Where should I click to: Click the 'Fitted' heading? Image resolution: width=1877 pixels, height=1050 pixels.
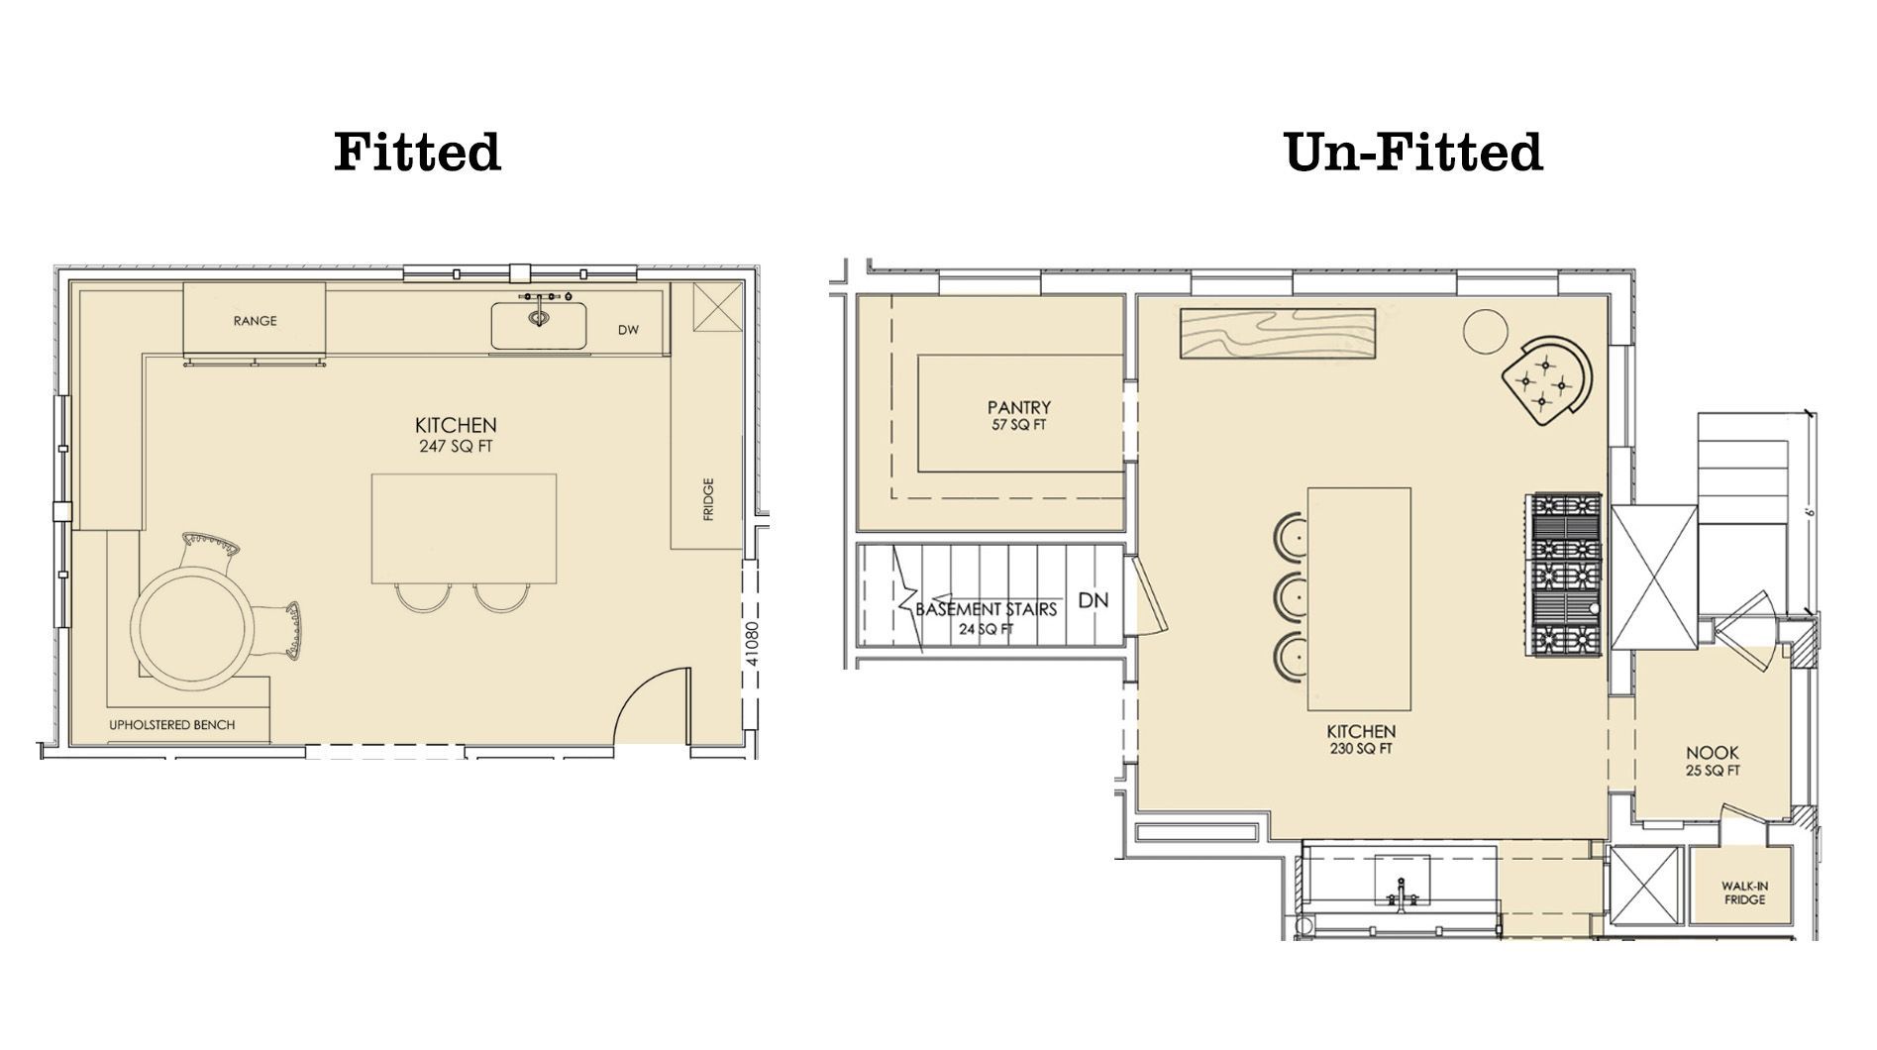tap(417, 153)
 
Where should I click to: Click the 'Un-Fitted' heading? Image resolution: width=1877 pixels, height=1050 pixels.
tap(1412, 153)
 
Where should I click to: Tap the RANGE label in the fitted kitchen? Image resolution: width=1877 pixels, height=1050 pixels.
tap(255, 321)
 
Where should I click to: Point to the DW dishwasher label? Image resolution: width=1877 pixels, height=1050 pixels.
tap(628, 330)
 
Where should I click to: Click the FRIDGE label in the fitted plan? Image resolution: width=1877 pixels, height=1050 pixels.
tap(708, 499)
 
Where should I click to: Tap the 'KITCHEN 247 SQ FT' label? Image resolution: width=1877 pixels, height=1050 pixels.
tap(456, 435)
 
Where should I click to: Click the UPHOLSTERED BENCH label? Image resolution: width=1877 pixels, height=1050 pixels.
tap(171, 725)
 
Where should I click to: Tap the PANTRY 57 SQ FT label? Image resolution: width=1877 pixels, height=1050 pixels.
tap(1018, 415)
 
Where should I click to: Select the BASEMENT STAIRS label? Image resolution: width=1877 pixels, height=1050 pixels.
tap(986, 616)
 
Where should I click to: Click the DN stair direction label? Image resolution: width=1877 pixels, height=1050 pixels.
tap(1093, 600)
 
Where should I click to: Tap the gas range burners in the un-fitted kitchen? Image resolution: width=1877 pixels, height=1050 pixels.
tap(1567, 575)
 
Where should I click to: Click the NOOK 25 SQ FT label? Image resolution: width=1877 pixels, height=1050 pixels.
tap(1713, 760)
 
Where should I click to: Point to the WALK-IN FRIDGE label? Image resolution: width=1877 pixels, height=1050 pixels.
tap(1744, 892)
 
